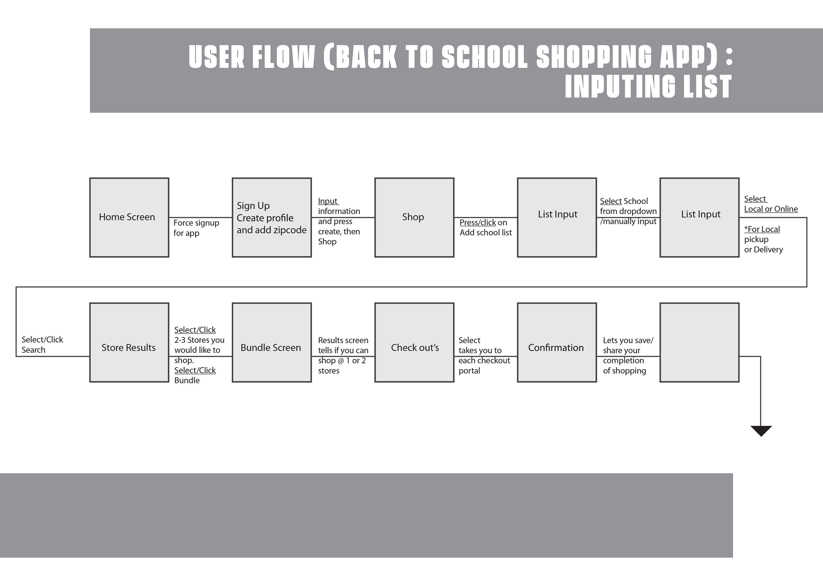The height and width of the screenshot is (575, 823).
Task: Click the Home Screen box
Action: pos(129,217)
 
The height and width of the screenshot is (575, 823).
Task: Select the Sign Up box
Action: pos(272,217)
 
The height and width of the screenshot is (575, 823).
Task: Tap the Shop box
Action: pos(414,217)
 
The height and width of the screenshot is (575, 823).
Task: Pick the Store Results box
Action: pos(129,343)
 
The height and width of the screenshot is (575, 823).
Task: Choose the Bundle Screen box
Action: pos(272,343)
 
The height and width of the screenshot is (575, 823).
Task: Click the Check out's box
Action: pos(414,343)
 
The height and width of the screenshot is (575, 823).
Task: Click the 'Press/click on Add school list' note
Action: pos(486,227)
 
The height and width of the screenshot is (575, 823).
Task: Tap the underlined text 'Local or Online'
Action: pos(771,209)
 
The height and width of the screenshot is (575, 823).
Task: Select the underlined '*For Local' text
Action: pos(762,229)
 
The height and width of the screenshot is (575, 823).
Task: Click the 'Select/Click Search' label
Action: pos(42,345)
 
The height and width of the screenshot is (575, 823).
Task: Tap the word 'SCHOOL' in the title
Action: pos(485,56)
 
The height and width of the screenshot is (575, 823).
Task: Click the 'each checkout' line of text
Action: pos(484,361)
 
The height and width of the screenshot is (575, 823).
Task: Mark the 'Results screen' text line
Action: pos(343,340)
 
